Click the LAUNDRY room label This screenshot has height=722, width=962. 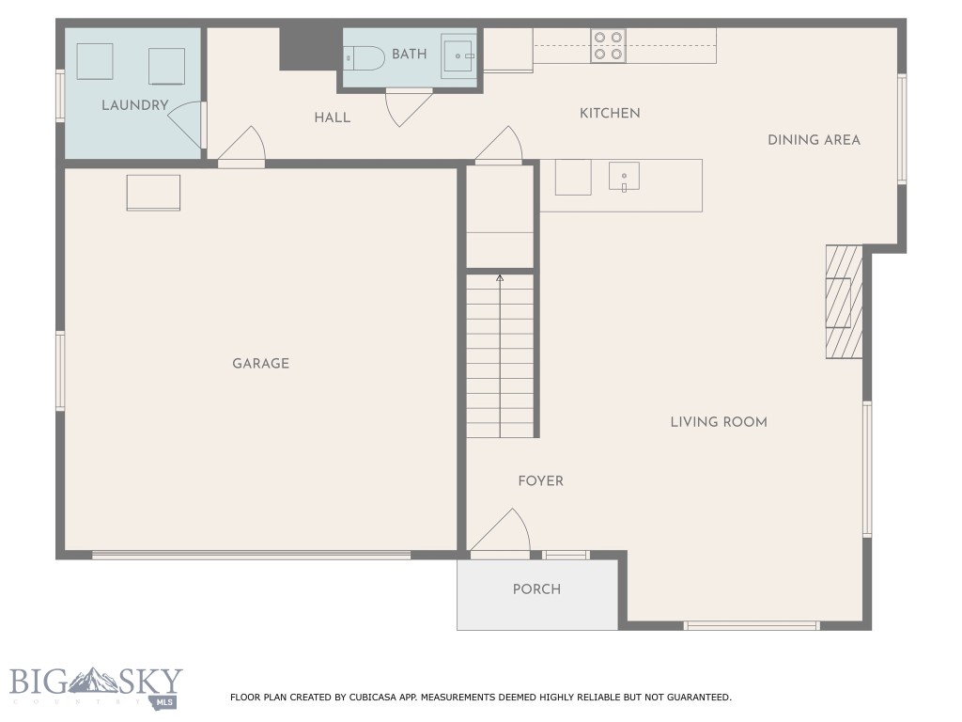click(134, 105)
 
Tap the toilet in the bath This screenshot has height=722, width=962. click(363, 56)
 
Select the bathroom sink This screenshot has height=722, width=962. click(460, 56)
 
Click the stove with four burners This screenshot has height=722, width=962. click(608, 46)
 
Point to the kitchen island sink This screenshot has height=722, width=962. click(624, 177)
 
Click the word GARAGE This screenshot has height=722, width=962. click(260, 364)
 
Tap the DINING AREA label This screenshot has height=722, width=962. click(814, 140)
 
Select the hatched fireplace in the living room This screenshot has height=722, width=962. click(843, 302)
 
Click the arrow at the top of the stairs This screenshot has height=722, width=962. click(500, 278)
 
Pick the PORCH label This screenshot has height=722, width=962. click(536, 589)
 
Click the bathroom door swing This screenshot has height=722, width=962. click(407, 106)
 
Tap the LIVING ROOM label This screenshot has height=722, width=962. click(719, 422)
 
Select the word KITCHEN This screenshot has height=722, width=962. click(610, 114)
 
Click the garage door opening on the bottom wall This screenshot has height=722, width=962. click(251, 555)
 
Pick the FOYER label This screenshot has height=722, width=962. click(541, 481)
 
